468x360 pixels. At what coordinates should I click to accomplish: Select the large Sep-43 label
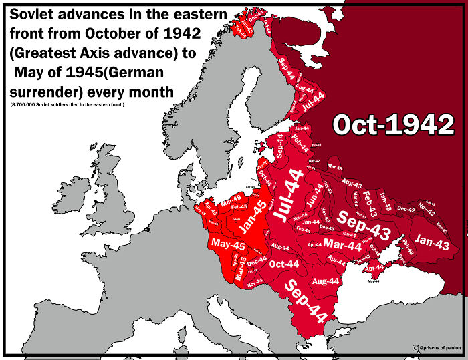click(x=364, y=220)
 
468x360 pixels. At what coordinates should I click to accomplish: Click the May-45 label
click(x=229, y=245)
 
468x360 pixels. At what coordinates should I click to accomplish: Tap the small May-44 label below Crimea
click(x=373, y=281)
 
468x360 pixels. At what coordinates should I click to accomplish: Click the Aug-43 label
click(x=352, y=182)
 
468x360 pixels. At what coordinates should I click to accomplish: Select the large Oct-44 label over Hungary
click(x=283, y=264)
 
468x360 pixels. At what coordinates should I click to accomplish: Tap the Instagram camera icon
click(x=416, y=348)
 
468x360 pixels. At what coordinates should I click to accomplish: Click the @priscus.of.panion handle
click(x=441, y=348)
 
